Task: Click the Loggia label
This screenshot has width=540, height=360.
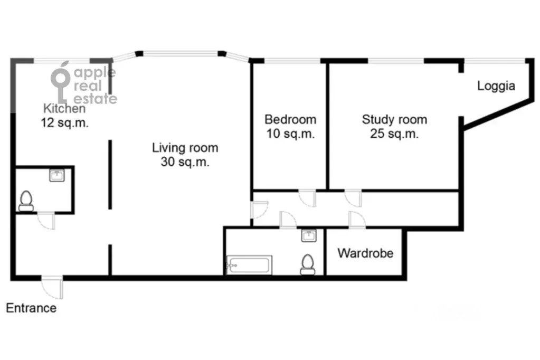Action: coord(496,86)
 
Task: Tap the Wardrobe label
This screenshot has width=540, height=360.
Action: coord(365,253)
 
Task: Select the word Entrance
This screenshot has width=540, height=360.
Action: coord(31,308)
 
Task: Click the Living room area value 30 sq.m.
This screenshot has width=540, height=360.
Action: coord(185,162)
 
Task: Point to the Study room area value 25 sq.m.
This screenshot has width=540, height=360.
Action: coord(394,134)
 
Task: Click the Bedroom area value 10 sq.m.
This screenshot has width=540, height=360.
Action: coord(290,134)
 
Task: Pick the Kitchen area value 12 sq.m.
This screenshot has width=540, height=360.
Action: coord(65,122)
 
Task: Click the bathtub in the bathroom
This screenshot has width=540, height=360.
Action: coord(249,265)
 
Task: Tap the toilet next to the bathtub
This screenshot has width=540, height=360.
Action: coord(308,264)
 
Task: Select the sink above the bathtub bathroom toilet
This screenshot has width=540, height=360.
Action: coord(309,235)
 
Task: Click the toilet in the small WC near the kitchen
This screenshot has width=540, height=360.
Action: coord(26,201)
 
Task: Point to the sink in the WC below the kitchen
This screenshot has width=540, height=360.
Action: coord(57,175)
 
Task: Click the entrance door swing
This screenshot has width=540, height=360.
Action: coord(52,287)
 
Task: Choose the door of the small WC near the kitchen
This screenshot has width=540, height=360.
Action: coord(46,221)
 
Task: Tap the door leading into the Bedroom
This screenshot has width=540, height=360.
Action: coord(307,198)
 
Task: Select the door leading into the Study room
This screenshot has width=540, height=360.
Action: coord(353,198)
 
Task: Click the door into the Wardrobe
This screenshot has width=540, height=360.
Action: coord(357,220)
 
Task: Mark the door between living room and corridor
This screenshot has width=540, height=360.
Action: coord(260,210)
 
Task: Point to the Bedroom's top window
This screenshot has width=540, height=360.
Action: coord(292,61)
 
